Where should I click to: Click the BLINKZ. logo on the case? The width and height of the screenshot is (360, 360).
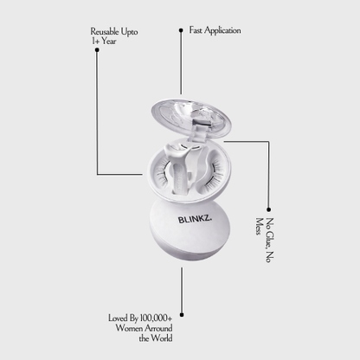tap(195, 219)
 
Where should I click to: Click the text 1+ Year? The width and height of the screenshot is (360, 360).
tap(104, 41)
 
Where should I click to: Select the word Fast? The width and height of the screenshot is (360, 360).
tap(196, 30)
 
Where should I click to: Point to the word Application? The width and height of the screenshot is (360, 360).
tap(222, 30)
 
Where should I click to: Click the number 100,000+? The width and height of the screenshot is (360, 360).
tap(156, 318)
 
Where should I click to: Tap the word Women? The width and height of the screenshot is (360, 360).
tap(129, 328)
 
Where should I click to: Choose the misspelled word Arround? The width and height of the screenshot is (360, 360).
tap(158, 328)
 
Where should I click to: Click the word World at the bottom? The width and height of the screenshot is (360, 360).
tap(162, 337)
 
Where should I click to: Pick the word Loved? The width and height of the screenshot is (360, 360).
tap(118, 318)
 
